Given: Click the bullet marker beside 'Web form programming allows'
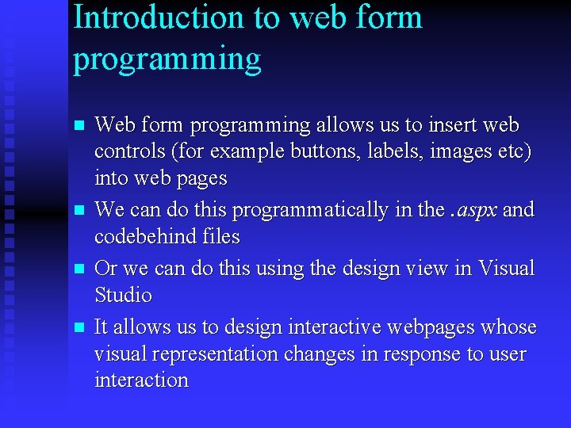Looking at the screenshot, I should click(x=78, y=126).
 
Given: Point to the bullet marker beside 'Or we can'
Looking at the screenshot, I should click(x=78, y=269).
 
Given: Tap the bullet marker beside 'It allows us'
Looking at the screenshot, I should click(x=78, y=327).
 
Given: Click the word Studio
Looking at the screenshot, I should click(x=123, y=295).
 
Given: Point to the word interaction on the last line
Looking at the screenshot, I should click(x=141, y=380).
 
